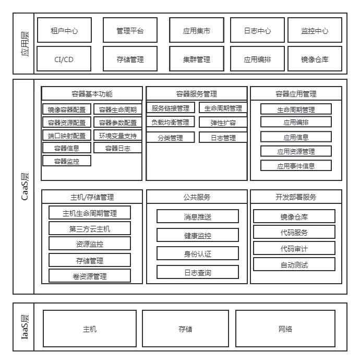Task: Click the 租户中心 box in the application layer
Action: coord(65,30)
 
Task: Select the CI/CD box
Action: coord(65,59)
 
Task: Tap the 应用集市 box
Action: coord(197,30)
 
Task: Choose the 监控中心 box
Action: coord(315,30)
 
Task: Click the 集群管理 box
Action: coord(197,59)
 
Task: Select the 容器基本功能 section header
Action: coord(92,94)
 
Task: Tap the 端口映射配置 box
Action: coord(66,135)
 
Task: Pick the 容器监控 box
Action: coord(66,161)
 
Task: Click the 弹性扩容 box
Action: coord(223,123)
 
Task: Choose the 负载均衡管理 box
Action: coord(170,123)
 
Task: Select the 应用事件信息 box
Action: coord(296,166)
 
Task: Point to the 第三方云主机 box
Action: coord(90,228)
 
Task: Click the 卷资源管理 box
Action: coord(90,276)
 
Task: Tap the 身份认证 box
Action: coord(198,254)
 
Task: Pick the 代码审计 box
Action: coord(294,248)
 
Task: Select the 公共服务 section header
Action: coord(197,197)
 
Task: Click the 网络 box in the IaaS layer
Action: coord(285,329)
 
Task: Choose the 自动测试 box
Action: coord(294,264)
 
